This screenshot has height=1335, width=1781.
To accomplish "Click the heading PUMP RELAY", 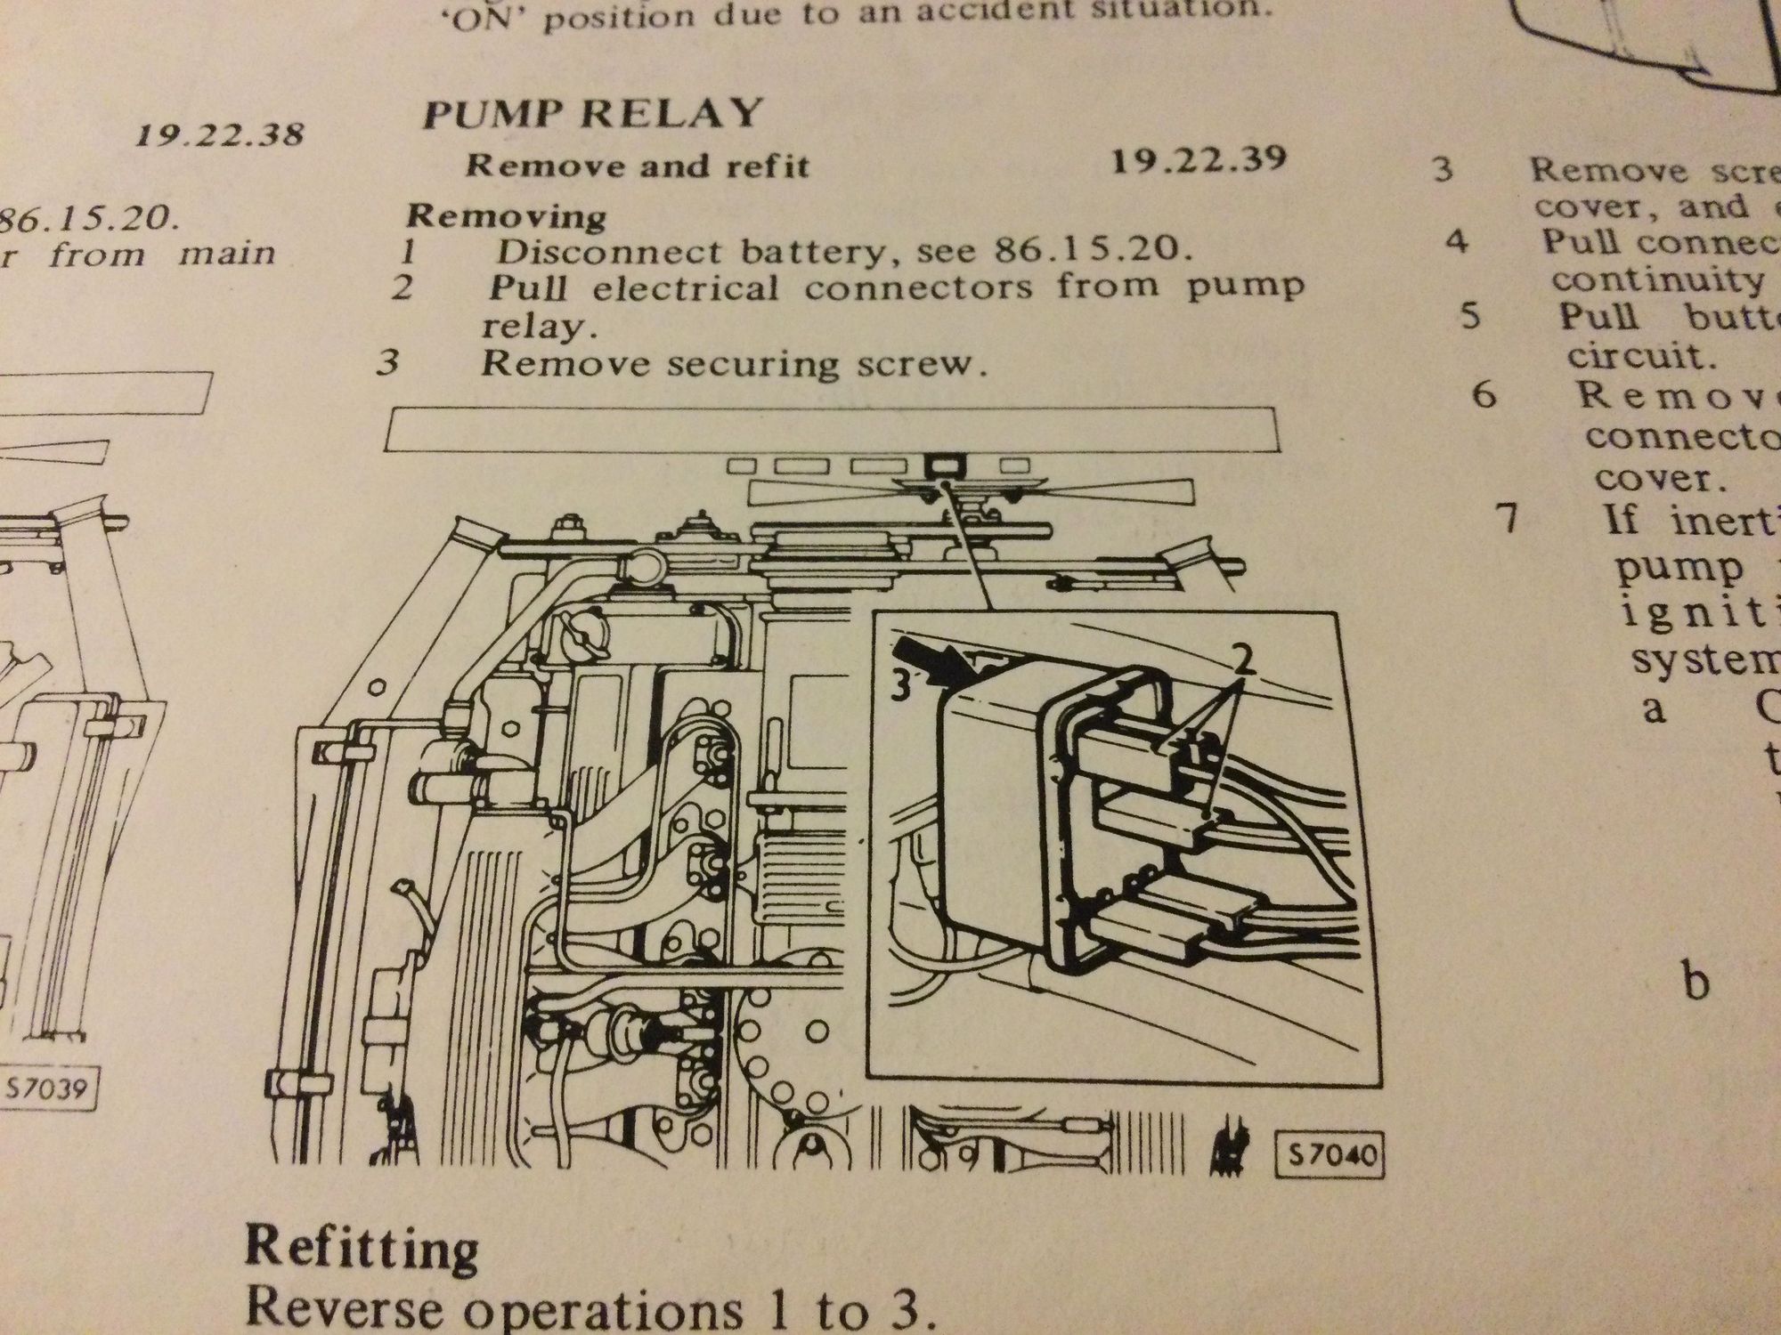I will click(592, 114).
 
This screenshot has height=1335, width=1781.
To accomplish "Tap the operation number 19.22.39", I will click(1200, 159).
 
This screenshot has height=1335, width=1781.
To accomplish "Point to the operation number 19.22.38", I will click(219, 133).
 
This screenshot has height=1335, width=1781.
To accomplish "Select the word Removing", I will click(506, 215).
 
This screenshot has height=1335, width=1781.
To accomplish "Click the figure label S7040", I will click(1330, 1156).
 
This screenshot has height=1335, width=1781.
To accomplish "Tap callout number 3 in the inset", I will click(902, 688).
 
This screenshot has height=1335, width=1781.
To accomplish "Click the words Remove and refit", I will click(638, 166).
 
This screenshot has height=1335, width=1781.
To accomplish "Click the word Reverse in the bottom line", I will click(344, 1309).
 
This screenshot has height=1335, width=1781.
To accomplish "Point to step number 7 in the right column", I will click(1506, 519).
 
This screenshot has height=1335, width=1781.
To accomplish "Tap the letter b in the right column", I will click(1697, 982).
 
